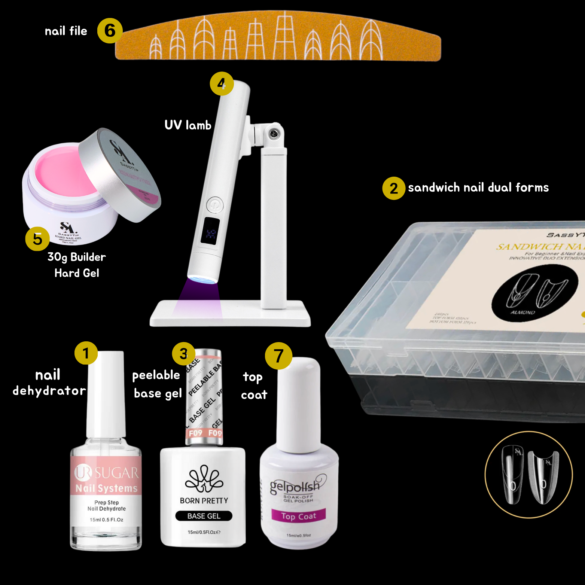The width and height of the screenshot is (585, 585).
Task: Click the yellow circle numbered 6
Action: point(110,31)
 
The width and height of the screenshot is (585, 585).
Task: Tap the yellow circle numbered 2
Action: point(393,188)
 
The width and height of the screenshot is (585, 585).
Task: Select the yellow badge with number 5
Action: point(37,239)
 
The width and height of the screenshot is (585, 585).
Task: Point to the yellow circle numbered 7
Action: point(278,356)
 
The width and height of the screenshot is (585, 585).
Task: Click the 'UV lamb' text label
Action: point(188,125)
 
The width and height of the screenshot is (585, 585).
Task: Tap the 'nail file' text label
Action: point(66,31)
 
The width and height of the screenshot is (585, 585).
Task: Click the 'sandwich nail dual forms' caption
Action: point(478,188)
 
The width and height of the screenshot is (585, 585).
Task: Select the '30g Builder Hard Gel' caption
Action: point(77,265)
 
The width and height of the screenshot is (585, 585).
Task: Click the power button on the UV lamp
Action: point(215,205)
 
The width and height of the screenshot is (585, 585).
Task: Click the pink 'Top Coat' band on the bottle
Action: point(298,516)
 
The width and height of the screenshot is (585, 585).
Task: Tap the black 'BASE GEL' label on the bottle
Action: point(204,516)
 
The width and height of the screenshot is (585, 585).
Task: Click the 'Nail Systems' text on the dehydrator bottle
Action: point(107,488)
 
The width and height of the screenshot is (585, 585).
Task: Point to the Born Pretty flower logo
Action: point(204,479)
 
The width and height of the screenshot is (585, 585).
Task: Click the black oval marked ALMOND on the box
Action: point(535,292)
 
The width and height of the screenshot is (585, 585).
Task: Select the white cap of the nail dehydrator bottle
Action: point(106,393)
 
